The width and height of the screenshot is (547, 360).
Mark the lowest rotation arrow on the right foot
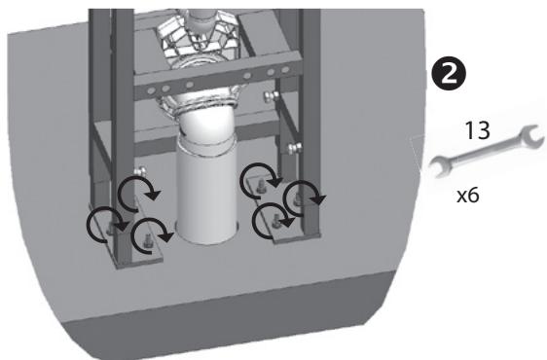point(272,223)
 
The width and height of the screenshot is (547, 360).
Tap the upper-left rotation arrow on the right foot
point(258,177)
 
